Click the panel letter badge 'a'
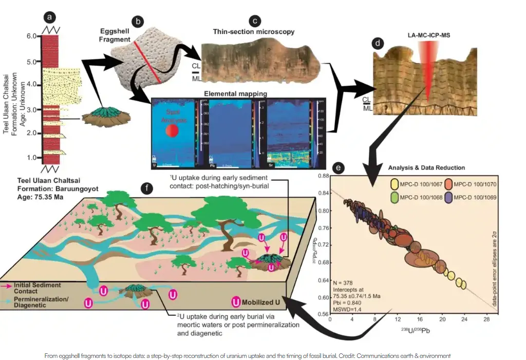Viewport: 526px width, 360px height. (x=50, y=17)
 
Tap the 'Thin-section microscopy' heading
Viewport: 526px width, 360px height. (x=254, y=32)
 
